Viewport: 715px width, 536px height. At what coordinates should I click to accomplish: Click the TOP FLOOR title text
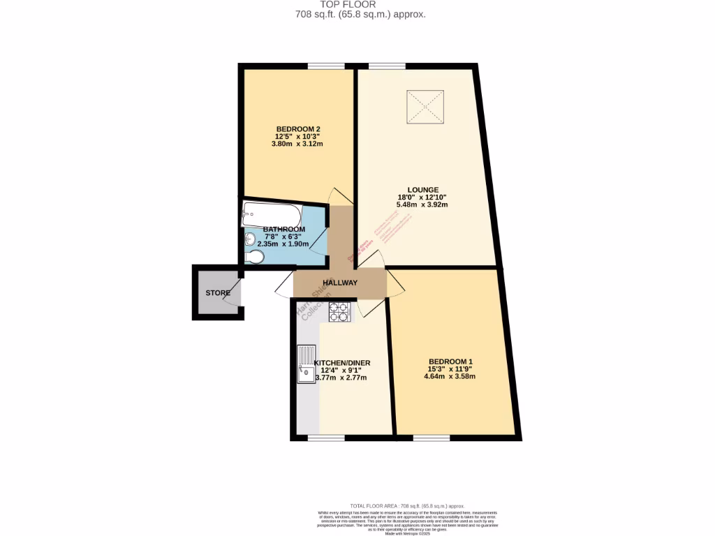coord(357,4)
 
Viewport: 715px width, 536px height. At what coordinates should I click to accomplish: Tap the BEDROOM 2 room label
coord(298,129)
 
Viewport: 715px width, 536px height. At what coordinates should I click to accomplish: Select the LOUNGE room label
coord(423,190)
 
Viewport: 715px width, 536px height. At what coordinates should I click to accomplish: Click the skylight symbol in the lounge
coord(426,106)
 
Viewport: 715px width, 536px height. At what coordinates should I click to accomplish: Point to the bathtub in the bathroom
coord(272,214)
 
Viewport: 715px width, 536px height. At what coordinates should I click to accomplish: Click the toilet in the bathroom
coord(254,259)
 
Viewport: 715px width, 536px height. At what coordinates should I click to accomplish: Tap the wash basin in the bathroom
coord(251,239)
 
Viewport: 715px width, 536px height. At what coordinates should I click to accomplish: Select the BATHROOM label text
coord(284,230)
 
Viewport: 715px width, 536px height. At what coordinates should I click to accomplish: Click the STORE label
coord(217,293)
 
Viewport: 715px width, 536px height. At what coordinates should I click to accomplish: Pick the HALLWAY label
coord(340,283)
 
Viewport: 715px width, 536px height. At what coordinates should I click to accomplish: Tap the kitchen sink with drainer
coord(307,365)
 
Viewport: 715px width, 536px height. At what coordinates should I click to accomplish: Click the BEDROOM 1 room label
coord(450,362)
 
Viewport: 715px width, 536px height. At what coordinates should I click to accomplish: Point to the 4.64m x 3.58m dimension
coord(450,377)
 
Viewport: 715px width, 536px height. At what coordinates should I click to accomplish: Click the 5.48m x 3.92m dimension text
coord(422,205)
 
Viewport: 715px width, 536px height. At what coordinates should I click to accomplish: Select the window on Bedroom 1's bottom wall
coord(431,438)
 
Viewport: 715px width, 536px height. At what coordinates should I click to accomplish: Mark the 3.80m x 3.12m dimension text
coord(297,144)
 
